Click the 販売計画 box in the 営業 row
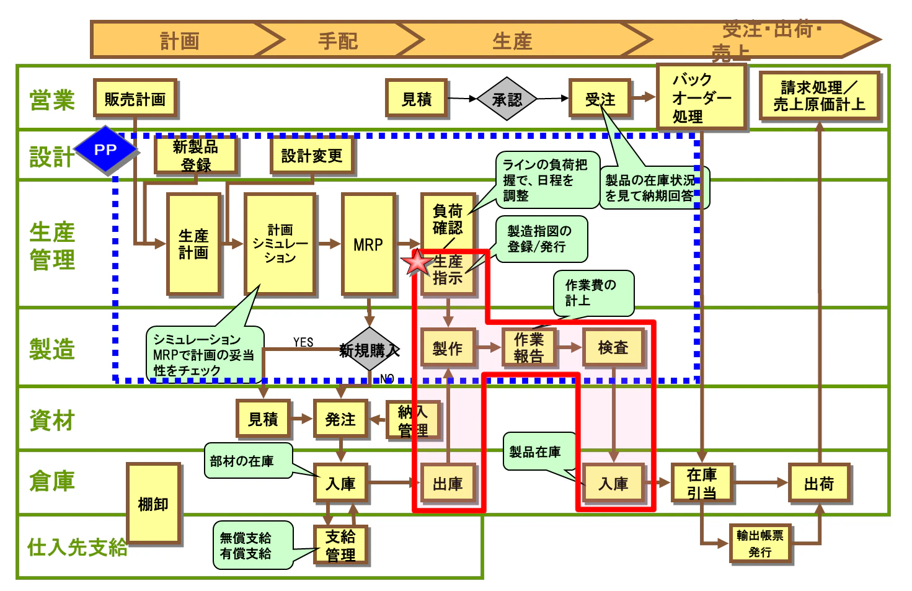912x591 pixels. point(135,99)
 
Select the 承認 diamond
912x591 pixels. point(507,99)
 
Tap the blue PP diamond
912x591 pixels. point(105,150)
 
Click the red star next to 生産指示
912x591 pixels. point(417,263)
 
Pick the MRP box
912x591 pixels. point(368,244)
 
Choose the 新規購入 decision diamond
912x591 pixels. point(370,350)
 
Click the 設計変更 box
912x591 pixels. point(312,156)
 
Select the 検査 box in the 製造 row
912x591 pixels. point(613,348)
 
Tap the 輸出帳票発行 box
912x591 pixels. point(760,543)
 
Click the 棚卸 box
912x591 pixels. point(153,504)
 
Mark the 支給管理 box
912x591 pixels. point(340,545)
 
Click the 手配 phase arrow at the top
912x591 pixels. point(338,41)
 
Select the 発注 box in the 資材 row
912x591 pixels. point(340,419)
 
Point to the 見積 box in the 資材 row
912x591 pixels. point(263,419)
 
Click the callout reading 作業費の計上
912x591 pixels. point(593,293)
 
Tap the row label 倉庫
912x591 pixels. point(52,481)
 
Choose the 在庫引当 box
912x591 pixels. point(701,483)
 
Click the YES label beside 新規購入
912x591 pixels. point(303,342)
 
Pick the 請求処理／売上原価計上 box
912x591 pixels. point(819,96)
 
